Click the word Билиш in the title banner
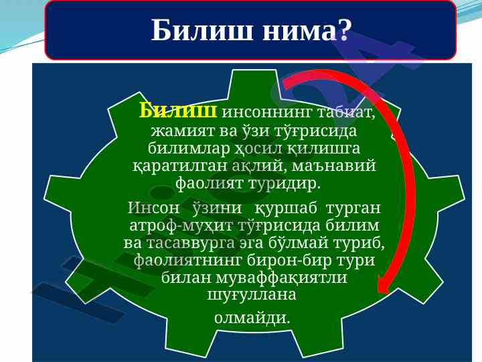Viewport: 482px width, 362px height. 202,30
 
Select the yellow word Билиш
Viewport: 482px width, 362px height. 178,111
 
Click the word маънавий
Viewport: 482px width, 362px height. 334,166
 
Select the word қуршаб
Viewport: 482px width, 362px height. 286,208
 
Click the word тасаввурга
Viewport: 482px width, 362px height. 190,243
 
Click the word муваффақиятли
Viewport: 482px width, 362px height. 282,278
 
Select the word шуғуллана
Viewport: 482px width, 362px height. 252,294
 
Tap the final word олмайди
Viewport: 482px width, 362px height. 252,317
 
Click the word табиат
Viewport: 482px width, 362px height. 346,113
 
